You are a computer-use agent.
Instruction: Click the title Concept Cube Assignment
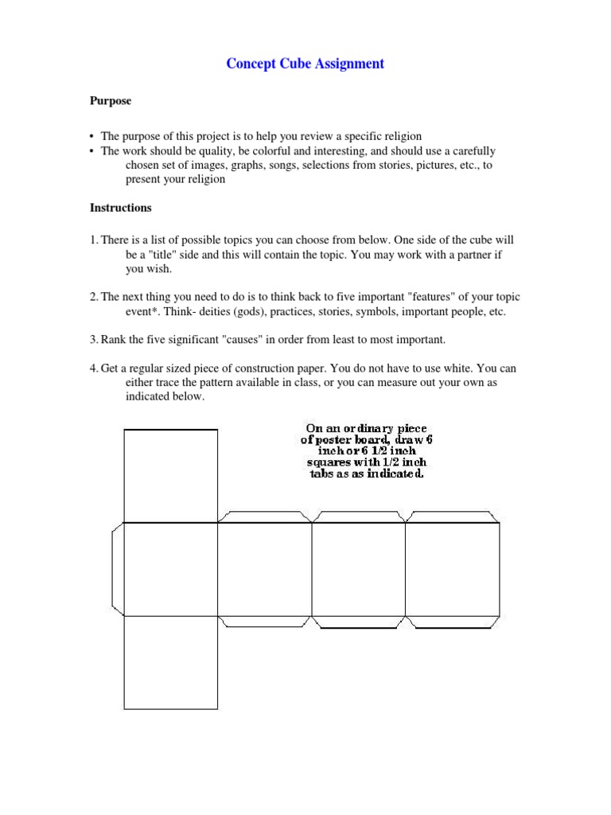tap(305, 64)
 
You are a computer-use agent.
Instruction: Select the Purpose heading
tap(109, 102)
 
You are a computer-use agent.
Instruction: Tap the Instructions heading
tap(119, 208)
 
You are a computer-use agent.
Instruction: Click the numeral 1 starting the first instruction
tap(92, 240)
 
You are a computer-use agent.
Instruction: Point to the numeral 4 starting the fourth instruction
tap(92, 369)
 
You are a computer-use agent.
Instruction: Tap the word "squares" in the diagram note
tap(329, 462)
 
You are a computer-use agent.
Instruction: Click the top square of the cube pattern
tap(170, 476)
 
